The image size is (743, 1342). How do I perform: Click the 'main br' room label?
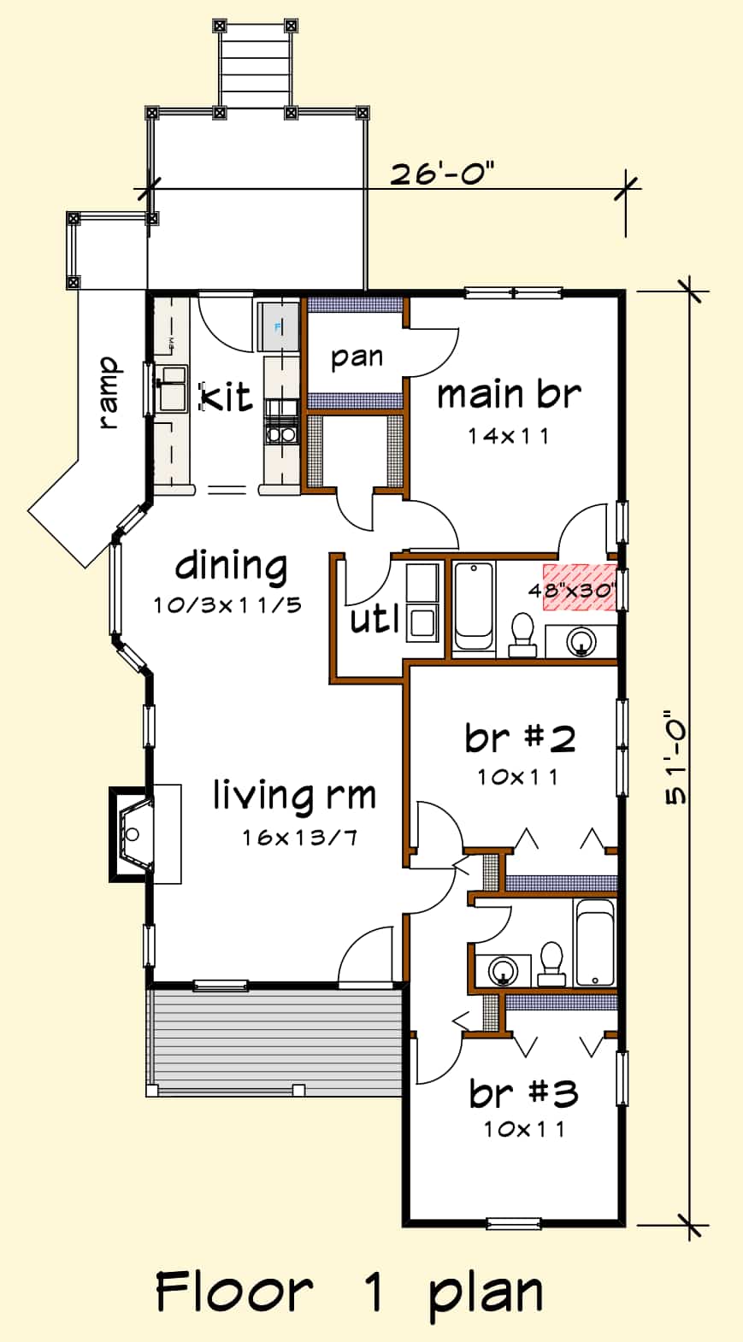click(509, 395)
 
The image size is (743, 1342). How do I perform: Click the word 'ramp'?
click(109, 392)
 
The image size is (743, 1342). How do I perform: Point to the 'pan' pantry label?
click(357, 356)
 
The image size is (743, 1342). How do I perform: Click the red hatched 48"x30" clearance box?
click(581, 587)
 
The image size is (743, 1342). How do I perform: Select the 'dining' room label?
click(231, 566)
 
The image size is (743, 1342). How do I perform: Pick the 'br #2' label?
click(520, 738)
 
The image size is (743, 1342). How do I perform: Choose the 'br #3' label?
click(523, 1093)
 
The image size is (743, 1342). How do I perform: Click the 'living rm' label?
click(294, 795)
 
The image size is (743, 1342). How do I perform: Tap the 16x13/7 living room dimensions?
click(298, 838)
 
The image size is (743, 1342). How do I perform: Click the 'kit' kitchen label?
click(227, 397)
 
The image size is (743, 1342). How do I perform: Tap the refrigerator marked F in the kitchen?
click(277, 327)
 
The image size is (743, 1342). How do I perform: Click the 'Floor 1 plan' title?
click(349, 1292)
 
